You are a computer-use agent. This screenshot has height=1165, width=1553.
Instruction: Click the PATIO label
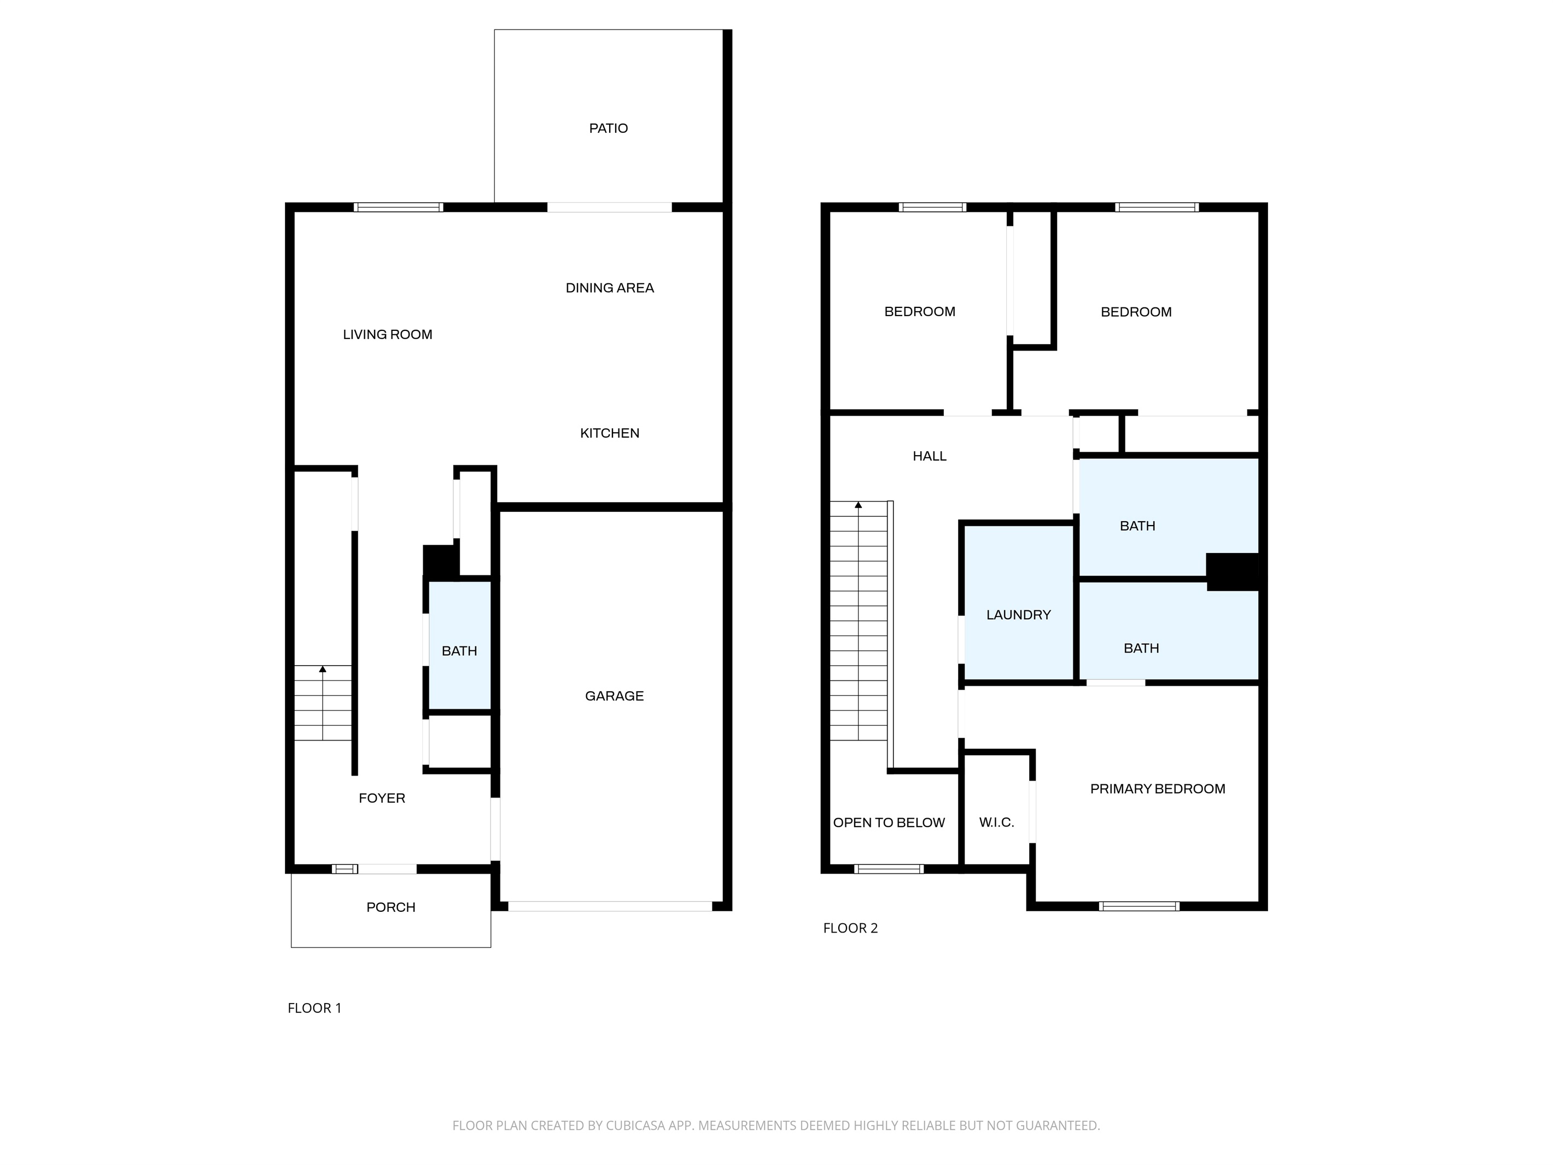pyautogui.click(x=608, y=129)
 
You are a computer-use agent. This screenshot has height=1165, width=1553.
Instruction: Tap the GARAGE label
pyautogui.click(x=614, y=696)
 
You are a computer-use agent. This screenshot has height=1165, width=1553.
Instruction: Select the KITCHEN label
pyautogui.click(x=609, y=433)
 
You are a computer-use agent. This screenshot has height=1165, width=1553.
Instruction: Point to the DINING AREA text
pyautogui.click(x=609, y=288)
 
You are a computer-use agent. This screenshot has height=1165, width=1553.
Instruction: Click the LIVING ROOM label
pyautogui.click(x=388, y=335)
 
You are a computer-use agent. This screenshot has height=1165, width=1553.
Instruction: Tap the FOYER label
pyautogui.click(x=382, y=799)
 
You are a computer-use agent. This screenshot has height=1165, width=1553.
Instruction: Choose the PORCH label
pyautogui.click(x=391, y=907)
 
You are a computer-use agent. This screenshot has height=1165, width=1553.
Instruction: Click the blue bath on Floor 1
pyautogui.click(x=460, y=645)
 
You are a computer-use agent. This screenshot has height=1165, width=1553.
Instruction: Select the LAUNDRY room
pyautogui.click(x=1019, y=603)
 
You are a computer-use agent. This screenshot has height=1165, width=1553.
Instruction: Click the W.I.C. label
pyautogui.click(x=996, y=822)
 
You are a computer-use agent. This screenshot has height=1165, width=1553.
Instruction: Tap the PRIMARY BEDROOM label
pyautogui.click(x=1158, y=789)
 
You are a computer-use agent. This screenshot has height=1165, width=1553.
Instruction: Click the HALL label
pyautogui.click(x=930, y=457)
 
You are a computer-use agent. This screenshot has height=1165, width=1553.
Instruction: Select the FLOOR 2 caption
pyautogui.click(x=850, y=928)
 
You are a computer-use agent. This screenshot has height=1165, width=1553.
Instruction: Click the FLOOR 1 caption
pyautogui.click(x=314, y=1009)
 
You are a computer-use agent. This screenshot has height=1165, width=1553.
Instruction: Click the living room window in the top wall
pyautogui.click(x=398, y=207)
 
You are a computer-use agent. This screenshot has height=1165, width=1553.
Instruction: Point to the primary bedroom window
pyautogui.click(x=1139, y=907)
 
